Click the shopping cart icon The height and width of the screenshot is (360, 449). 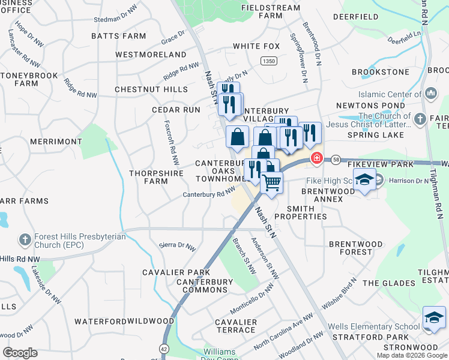pyautogui.click(x=272, y=182)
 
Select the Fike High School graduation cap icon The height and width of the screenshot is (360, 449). pyautogui.click(x=364, y=179)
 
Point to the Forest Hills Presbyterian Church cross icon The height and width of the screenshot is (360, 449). pyautogui.click(x=25, y=240)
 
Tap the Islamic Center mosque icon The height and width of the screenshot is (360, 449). pyautogui.click(x=430, y=94)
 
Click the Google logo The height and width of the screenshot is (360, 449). pyautogui.click(x=20, y=352)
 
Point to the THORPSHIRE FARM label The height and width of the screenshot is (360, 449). pyautogui.click(x=148, y=177)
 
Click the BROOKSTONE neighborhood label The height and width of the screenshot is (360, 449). pyautogui.click(x=380, y=72)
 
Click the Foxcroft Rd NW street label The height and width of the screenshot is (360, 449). pyautogui.click(x=171, y=140)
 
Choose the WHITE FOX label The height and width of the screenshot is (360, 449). pyautogui.click(x=256, y=46)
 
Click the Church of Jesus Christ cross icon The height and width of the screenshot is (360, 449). pyautogui.click(x=420, y=119)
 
